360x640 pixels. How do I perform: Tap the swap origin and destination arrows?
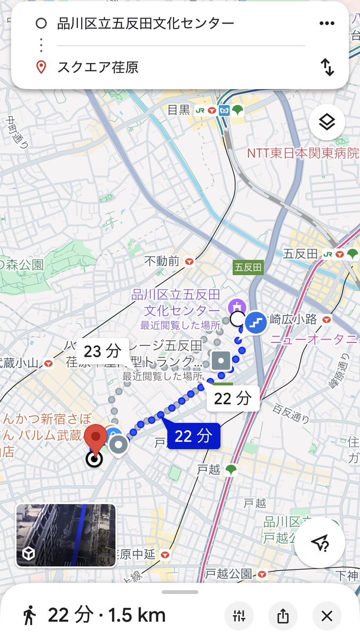(x=327, y=67)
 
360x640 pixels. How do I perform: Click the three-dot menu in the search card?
(x=326, y=23)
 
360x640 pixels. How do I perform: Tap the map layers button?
(x=326, y=123)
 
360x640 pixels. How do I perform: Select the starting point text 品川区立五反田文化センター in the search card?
(x=146, y=23)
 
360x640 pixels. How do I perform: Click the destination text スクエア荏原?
(x=98, y=68)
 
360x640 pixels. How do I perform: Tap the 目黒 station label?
(x=179, y=110)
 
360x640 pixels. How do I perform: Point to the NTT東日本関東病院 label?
(x=303, y=154)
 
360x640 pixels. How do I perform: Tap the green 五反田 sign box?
(x=248, y=267)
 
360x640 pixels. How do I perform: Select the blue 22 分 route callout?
(x=193, y=436)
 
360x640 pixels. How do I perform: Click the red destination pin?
(x=95, y=439)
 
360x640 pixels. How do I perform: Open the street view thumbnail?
(x=66, y=535)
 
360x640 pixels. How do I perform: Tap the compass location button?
(x=319, y=542)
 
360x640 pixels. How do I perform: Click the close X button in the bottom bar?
(x=327, y=616)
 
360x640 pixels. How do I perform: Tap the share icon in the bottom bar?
(x=283, y=616)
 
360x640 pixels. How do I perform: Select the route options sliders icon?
(x=238, y=616)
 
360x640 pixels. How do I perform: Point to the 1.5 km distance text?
(x=137, y=615)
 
